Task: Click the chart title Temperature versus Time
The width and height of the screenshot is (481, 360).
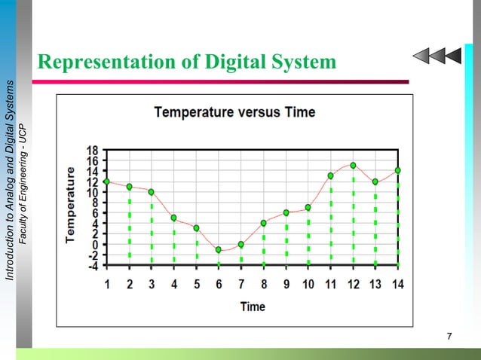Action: pos(234,113)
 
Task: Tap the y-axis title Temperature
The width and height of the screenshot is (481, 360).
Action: pos(71,204)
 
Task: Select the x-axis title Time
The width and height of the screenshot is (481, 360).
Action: pos(252,307)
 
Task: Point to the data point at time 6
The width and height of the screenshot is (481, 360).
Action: pos(219,249)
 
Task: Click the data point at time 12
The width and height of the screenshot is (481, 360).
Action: pos(353,166)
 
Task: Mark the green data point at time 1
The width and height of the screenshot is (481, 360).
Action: pos(107,181)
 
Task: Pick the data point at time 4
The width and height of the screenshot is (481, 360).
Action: pos(174,218)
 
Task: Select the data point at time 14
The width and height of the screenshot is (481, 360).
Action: pos(397,170)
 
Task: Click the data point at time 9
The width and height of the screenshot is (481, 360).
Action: pos(286,213)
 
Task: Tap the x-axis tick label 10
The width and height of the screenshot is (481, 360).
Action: pos(308,285)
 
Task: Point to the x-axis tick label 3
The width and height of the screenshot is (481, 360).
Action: pos(152,285)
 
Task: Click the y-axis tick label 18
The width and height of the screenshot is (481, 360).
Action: pos(90,151)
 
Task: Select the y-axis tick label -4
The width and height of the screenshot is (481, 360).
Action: pos(90,266)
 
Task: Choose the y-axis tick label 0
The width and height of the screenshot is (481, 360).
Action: pos(93,245)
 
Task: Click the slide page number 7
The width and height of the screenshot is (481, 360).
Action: pos(449,335)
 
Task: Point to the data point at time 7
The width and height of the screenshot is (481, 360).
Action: pos(241,244)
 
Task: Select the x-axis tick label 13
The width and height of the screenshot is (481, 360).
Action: pos(375,285)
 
